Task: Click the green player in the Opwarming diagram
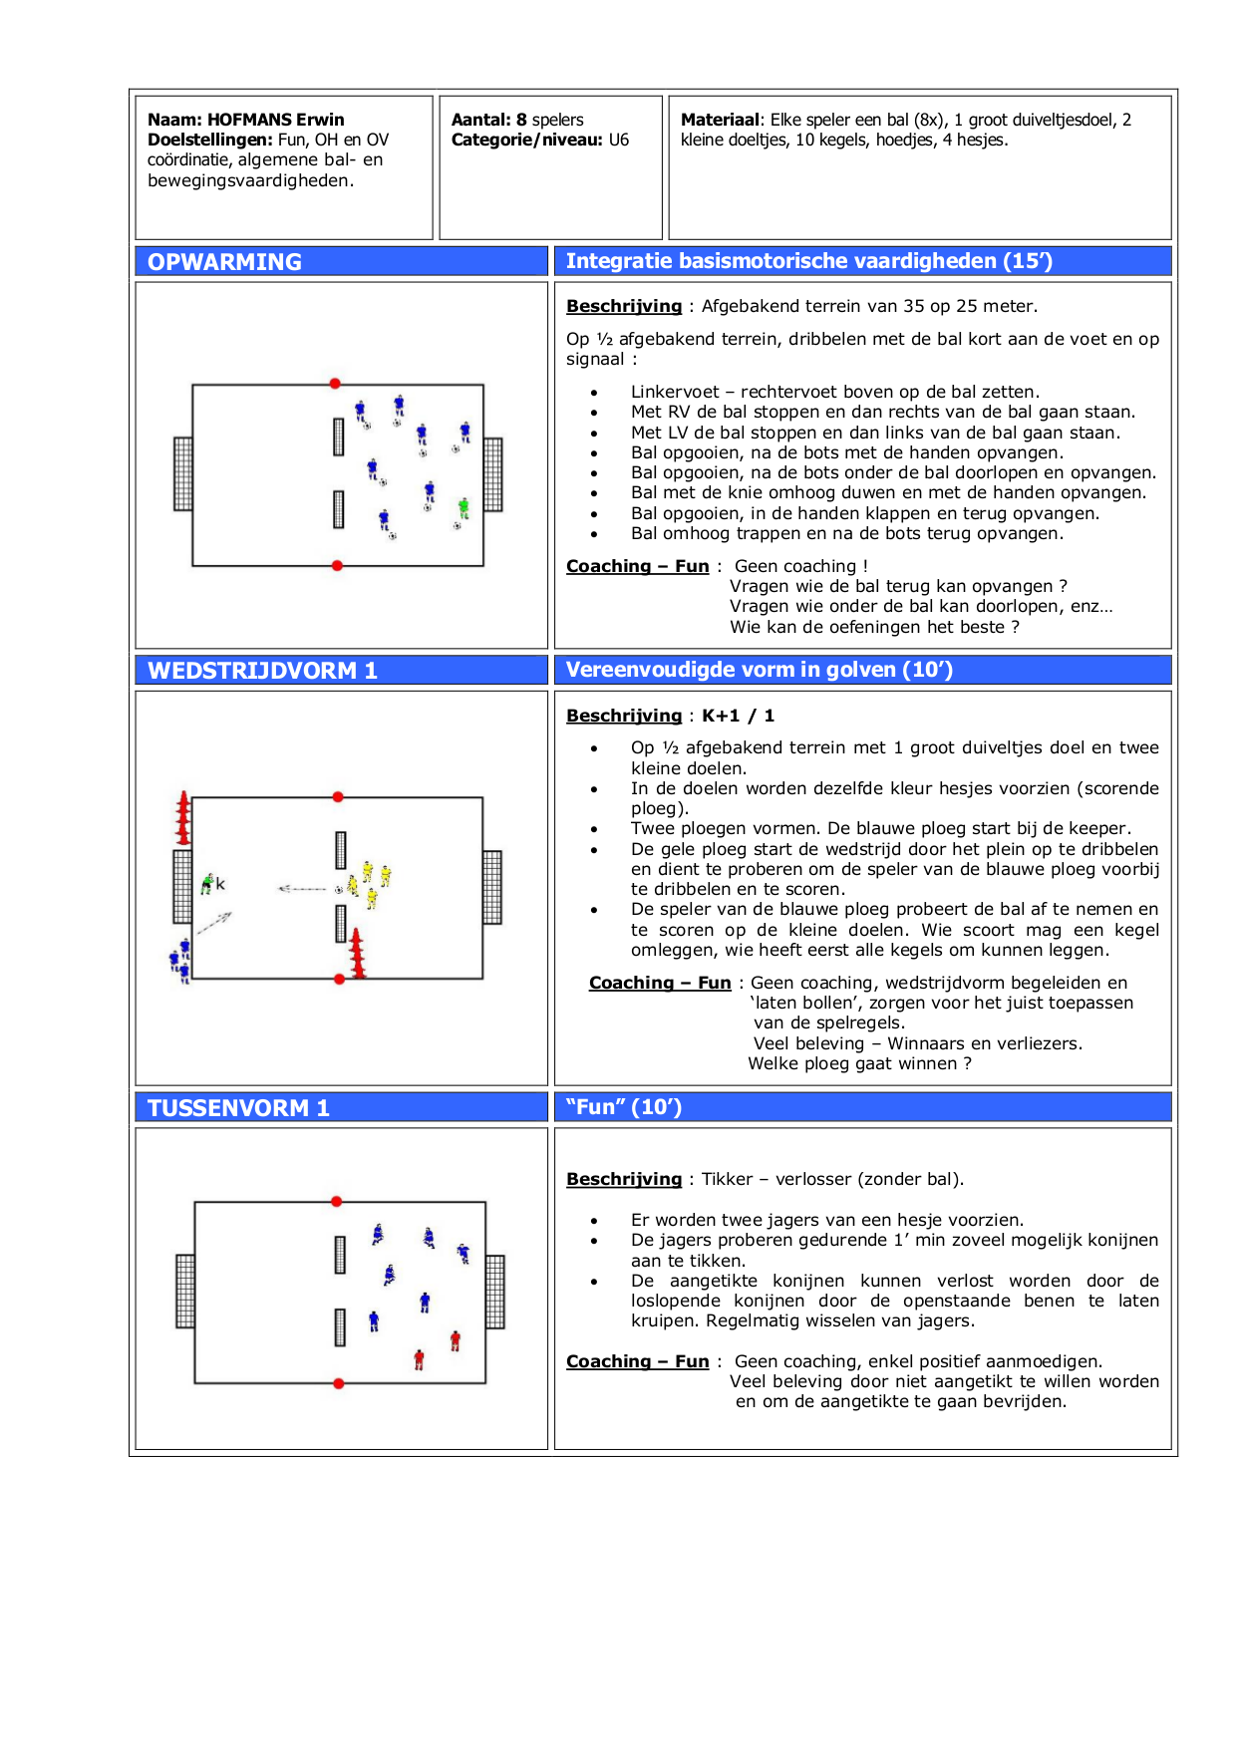click(x=464, y=508)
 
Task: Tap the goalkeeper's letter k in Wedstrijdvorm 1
click(x=220, y=884)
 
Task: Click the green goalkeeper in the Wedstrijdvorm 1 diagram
click(x=207, y=883)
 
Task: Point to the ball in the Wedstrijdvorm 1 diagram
click(x=339, y=889)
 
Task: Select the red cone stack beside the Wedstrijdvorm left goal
click(x=183, y=818)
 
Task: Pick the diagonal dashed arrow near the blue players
click(x=214, y=924)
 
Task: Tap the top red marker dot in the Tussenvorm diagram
click(x=337, y=1202)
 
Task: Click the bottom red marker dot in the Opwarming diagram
click(x=337, y=565)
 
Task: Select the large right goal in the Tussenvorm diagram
click(x=495, y=1292)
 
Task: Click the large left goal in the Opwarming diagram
click(x=182, y=473)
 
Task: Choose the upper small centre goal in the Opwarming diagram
click(x=339, y=437)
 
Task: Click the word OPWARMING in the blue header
click(x=224, y=262)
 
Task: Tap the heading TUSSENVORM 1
click(x=238, y=1108)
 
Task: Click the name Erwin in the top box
click(x=320, y=120)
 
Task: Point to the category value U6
click(x=619, y=140)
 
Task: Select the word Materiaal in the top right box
click(x=720, y=120)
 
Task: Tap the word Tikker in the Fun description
click(x=727, y=1179)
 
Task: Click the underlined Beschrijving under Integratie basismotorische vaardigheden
click(x=624, y=306)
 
